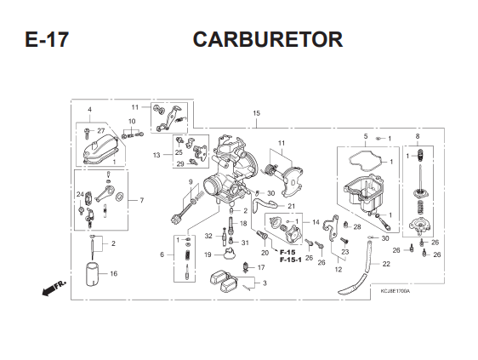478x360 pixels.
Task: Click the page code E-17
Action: (47, 39)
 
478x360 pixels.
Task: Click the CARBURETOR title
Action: (268, 39)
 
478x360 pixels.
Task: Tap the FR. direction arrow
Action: (54, 288)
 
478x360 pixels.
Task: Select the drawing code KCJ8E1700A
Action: (395, 291)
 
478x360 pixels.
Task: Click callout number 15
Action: (256, 113)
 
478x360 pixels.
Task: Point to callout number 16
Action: (113, 274)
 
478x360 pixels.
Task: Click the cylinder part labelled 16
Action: (92, 275)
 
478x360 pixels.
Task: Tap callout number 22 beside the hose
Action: (386, 264)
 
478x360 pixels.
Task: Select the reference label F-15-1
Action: (291, 260)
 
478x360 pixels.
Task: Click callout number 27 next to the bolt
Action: (101, 131)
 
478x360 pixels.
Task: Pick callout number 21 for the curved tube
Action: (292, 206)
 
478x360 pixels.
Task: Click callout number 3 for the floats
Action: (265, 283)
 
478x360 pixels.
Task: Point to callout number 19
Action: (208, 254)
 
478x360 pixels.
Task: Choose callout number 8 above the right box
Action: (418, 136)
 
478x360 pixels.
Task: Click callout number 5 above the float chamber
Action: (366, 136)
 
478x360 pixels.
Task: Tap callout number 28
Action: (357, 226)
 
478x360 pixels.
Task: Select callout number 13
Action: (156, 155)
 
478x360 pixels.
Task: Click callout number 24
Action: (80, 194)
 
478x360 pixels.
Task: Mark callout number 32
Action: (208, 236)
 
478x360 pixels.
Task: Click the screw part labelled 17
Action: (245, 267)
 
